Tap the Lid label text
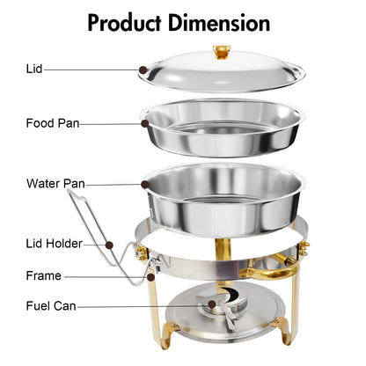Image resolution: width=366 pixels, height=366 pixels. coord(33,68)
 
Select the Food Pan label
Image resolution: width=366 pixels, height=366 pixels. coord(53,123)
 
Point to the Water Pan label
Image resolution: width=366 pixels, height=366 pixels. coord(55,185)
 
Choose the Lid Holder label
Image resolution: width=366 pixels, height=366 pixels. coord(55,243)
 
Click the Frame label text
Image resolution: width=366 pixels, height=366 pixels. coord(43,275)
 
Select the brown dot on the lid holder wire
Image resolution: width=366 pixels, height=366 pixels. coord(110,244)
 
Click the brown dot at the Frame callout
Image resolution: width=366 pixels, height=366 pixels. coord(150,276)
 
